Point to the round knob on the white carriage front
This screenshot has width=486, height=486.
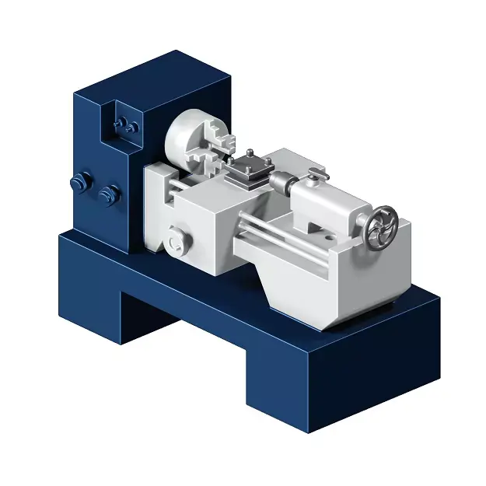click(x=177, y=239)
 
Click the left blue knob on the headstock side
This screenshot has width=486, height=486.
click(x=78, y=184)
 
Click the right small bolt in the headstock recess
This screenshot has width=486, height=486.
click(x=133, y=126)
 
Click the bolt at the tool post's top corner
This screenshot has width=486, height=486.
click(x=248, y=152)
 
